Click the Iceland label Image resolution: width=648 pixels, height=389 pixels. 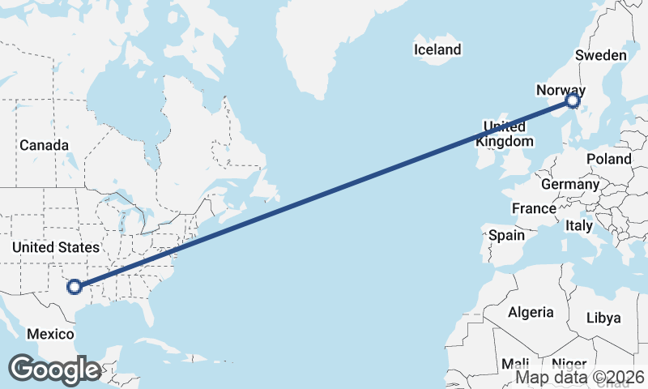point(437,49)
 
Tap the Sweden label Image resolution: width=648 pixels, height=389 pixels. point(600,55)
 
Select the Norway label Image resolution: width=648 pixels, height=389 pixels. point(561,90)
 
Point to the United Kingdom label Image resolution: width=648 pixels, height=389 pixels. point(505,134)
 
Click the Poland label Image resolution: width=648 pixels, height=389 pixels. point(608,159)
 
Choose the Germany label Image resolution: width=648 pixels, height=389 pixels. point(569,184)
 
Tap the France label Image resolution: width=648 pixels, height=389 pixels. point(534,208)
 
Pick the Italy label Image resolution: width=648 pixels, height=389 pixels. point(579,225)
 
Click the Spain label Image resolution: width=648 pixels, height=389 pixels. point(507,236)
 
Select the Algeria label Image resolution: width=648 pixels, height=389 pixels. point(531,312)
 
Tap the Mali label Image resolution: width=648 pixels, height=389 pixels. point(516,363)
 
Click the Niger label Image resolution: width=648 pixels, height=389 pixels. point(569,363)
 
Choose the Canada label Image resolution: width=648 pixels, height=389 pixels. point(44,145)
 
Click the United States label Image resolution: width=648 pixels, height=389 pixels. point(56,247)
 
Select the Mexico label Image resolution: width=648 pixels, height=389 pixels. point(50,334)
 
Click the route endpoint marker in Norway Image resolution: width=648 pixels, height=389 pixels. point(573,100)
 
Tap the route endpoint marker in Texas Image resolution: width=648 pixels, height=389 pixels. point(75,286)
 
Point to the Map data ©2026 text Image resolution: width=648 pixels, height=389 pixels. point(580,377)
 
